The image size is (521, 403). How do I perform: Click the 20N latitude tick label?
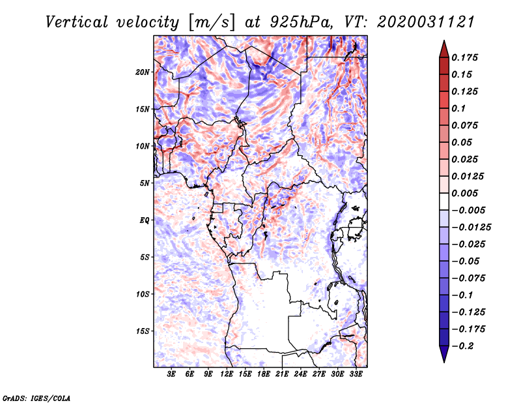[x=143, y=72]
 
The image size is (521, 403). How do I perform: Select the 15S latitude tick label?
[x=143, y=331]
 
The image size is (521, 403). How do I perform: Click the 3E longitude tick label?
[x=172, y=374]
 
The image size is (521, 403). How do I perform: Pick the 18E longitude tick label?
[x=264, y=374]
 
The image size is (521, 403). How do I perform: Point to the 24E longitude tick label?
[x=301, y=374]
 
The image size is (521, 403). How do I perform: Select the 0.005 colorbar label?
[x=466, y=194]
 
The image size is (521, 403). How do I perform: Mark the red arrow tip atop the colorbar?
[x=443, y=44]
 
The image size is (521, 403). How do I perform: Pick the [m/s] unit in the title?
[x=208, y=22]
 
